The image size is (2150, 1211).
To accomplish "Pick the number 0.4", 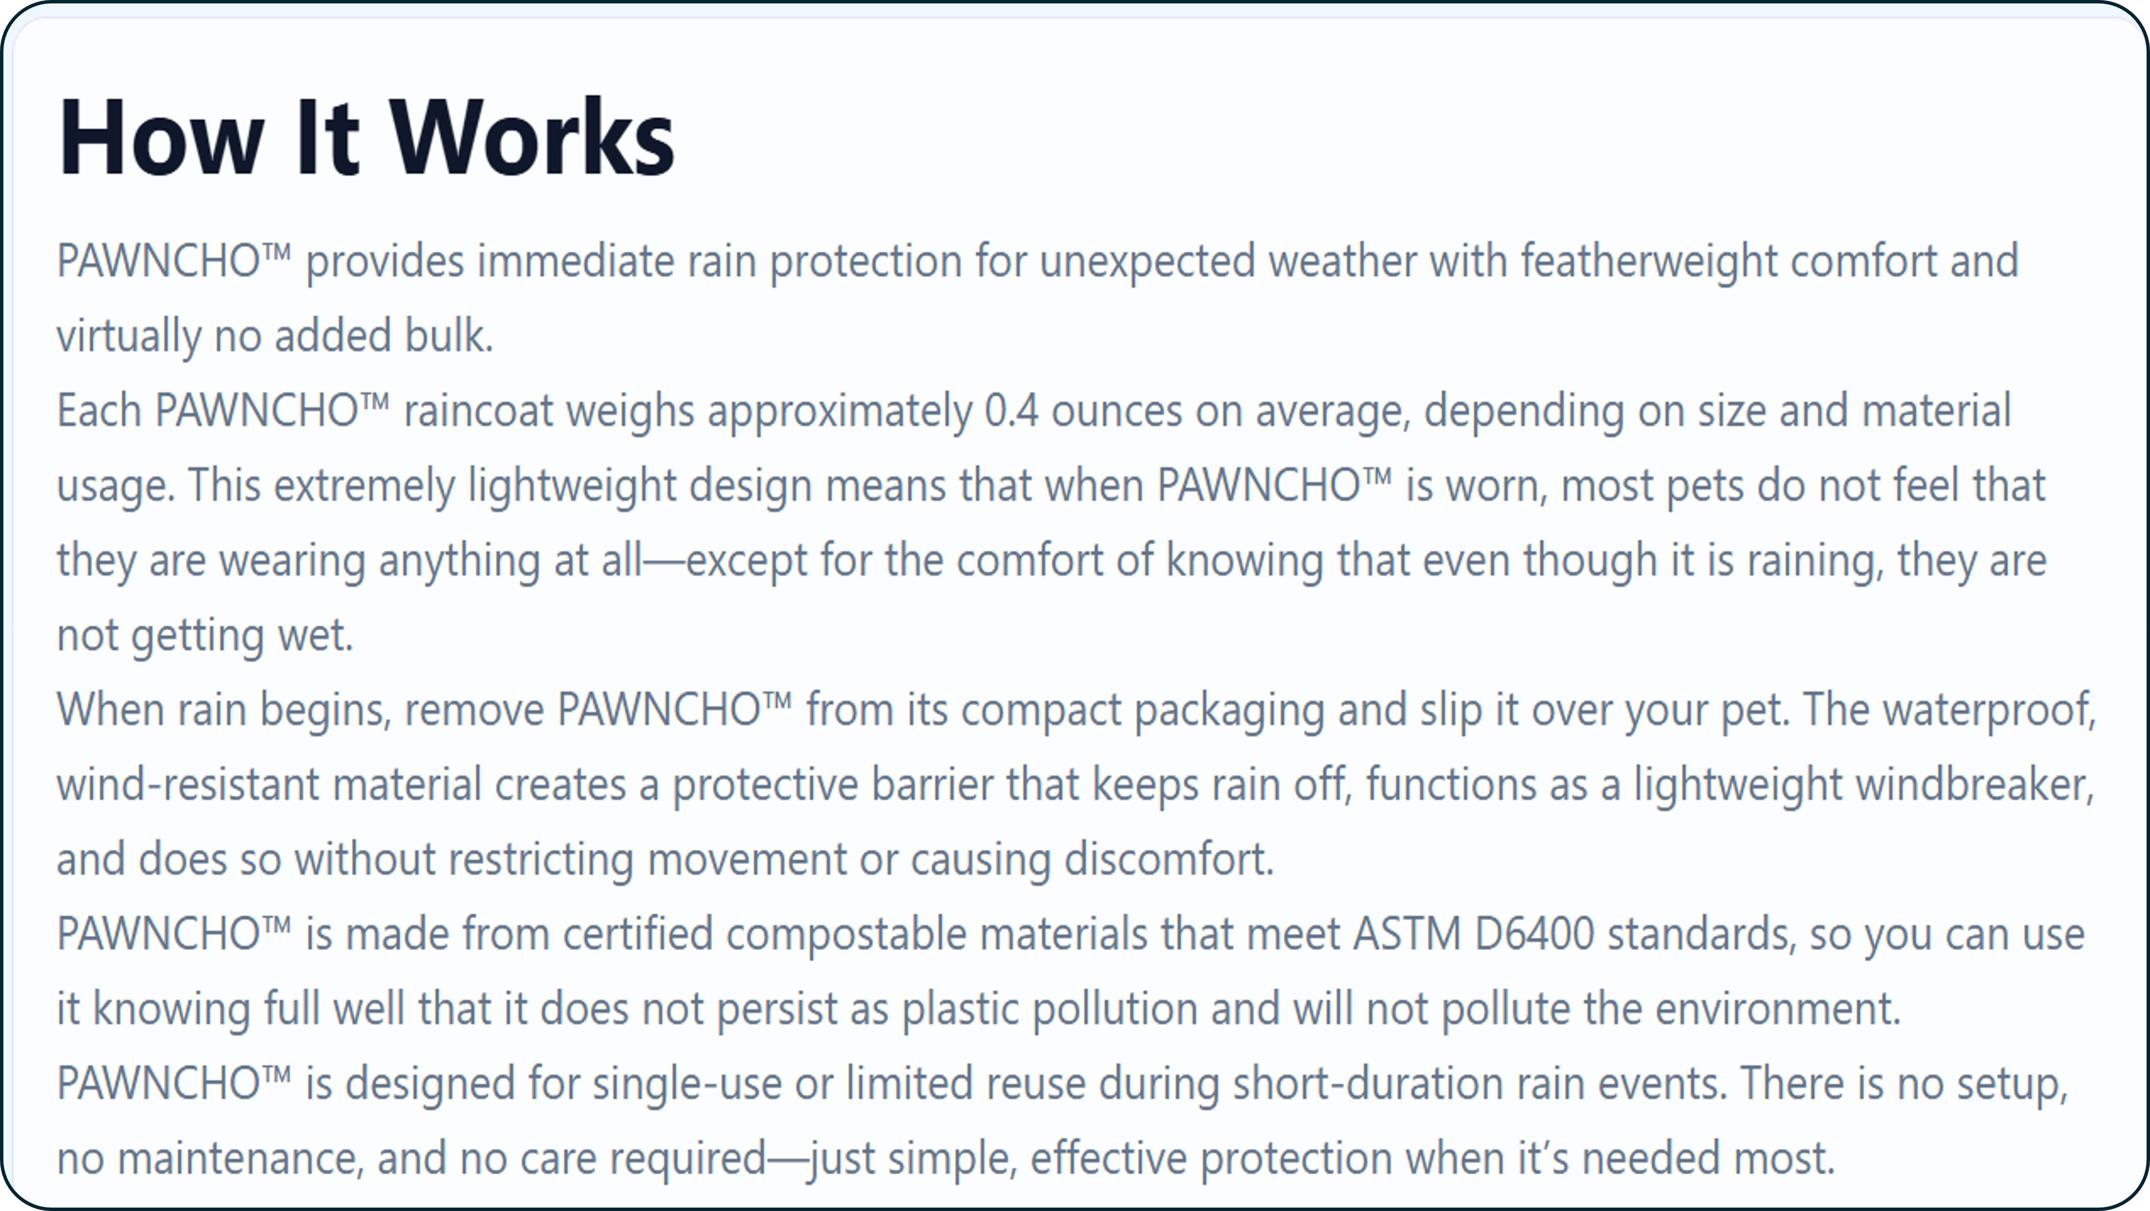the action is [1011, 411].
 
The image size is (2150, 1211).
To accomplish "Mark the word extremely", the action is [364, 486].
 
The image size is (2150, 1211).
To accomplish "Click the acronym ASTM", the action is [1407, 934].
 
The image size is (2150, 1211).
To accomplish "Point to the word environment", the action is [1778, 1009].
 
